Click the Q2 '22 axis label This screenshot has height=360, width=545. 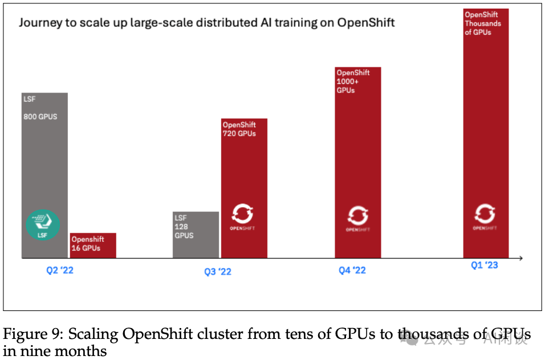(x=60, y=270)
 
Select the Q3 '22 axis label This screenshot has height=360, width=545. (x=218, y=272)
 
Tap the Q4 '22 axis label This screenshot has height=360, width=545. (x=352, y=270)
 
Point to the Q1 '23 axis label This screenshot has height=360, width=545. (x=484, y=265)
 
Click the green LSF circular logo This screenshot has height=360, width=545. (x=43, y=225)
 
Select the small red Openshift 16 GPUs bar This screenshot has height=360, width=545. (x=93, y=245)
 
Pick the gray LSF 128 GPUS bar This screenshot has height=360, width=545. (x=196, y=234)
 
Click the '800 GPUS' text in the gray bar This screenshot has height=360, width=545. (x=40, y=117)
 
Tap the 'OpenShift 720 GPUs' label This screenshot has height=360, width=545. (x=239, y=129)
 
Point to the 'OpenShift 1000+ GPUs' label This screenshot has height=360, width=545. (x=353, y=81)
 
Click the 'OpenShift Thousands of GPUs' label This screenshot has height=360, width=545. (x=482, y=23)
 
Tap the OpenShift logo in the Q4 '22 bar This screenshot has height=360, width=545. (x=357, y=217)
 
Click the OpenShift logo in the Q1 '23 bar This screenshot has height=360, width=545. (x=485, y=216)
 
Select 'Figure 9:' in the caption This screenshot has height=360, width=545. (x=28, y=334)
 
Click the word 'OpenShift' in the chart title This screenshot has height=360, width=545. (x=365, y=23)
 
